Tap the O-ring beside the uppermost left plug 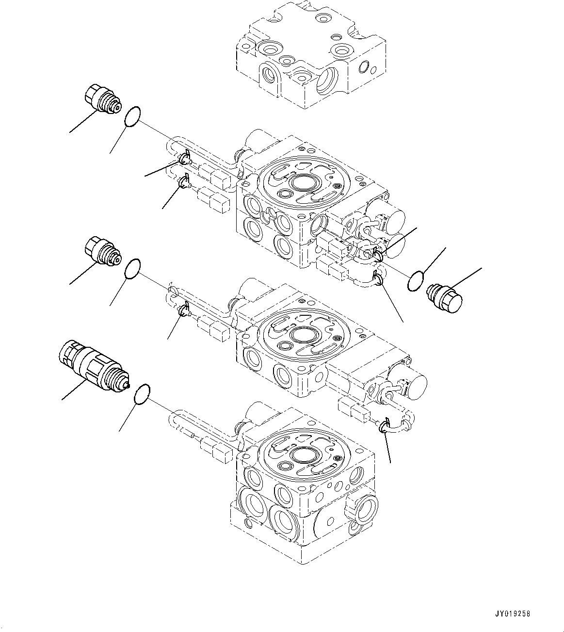(132, 117)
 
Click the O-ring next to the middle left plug (132, 268)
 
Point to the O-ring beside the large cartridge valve (142, 394)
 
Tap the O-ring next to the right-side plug (416, 281)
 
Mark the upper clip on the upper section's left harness (184, 158)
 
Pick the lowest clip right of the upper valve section (379, 278)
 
